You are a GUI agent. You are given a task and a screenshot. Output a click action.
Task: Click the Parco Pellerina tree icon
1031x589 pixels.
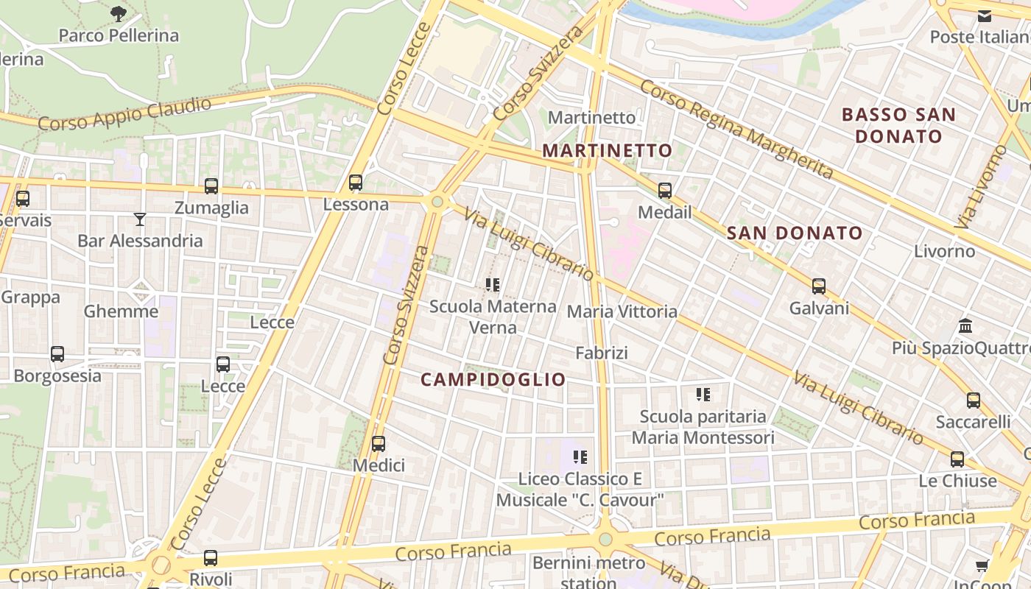click(118, 13)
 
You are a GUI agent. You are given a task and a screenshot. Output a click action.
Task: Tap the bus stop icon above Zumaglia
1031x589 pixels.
click(211, 186)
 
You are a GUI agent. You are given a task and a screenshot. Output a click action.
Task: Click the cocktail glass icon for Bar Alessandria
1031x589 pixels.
click(140, 219)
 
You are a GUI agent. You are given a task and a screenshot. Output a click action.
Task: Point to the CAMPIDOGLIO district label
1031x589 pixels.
click(493, 380)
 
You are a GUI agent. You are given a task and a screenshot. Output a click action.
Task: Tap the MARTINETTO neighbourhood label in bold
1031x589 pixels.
click(608, 151)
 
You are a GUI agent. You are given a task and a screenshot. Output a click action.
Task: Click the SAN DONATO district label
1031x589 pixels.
click(794, 233)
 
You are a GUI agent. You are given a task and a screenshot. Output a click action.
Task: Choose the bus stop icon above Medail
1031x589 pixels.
click(665, 191)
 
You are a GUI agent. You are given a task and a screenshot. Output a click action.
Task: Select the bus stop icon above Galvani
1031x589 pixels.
click(819, 286)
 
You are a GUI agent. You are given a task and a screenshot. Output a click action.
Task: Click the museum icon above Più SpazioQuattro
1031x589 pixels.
click(965, 325)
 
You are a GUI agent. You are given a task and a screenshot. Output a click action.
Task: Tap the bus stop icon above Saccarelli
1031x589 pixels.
click(974, 401)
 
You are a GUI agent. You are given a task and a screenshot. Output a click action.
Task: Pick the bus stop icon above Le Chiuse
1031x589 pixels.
click(957, 459)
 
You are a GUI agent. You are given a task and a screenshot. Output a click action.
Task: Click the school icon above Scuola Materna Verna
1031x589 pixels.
click(493, 284)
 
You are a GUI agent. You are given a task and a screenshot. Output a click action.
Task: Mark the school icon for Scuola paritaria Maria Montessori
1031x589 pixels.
click(703, 395)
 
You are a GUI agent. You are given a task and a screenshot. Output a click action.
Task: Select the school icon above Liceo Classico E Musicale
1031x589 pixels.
click(580, 457)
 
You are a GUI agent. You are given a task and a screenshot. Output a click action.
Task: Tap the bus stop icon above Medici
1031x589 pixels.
click(379, 444)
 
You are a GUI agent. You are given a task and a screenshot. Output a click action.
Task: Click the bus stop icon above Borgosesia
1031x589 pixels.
click(57, 354)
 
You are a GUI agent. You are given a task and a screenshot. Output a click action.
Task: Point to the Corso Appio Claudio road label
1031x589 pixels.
click(124, 113)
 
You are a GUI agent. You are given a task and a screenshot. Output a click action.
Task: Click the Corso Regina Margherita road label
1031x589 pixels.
click(736, 130)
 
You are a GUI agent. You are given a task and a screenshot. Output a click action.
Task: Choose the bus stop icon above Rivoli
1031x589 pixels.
click(211, 558)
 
